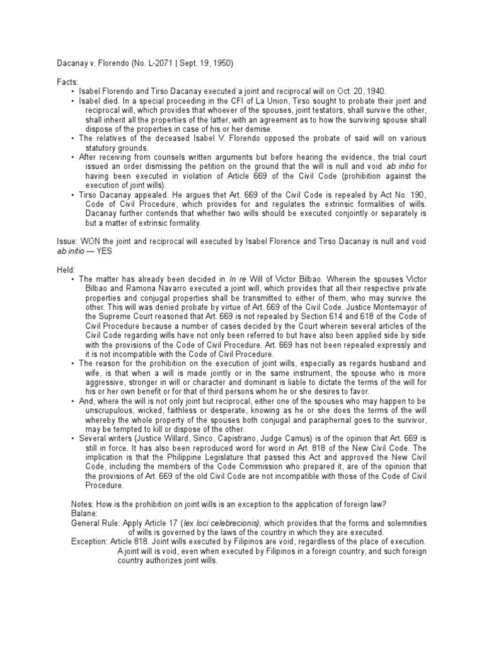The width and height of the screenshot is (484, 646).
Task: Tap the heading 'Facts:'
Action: point(66,81)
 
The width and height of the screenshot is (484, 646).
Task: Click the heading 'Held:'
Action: point(65,268)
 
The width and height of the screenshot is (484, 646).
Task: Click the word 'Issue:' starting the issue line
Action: point(66,240)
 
